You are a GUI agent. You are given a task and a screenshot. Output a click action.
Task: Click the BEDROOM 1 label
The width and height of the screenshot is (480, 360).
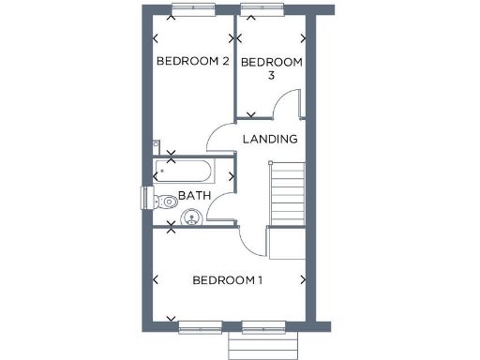point(228,280)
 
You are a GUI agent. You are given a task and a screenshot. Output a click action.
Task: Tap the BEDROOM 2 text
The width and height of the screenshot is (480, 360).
point(193,62)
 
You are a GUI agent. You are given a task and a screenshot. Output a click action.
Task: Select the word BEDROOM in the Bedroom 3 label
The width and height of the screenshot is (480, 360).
point(272,63)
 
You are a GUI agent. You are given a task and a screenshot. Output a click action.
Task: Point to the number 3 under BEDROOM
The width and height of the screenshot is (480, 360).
point(271,77)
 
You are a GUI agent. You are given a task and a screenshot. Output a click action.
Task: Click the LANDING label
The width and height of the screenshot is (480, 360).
point(270,140)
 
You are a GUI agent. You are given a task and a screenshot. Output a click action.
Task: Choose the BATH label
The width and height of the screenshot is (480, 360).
point(194,196)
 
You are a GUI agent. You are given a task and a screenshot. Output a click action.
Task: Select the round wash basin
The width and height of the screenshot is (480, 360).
point(192,217)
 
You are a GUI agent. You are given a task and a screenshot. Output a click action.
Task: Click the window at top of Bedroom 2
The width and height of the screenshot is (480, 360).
point(192,9)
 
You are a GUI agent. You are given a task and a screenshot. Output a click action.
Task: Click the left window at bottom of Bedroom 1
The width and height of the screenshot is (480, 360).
point(201,327)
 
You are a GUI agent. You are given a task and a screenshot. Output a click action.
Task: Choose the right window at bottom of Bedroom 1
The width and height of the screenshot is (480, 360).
point(263,327)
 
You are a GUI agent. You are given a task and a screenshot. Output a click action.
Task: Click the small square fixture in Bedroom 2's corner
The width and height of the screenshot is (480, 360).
point(156,144)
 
